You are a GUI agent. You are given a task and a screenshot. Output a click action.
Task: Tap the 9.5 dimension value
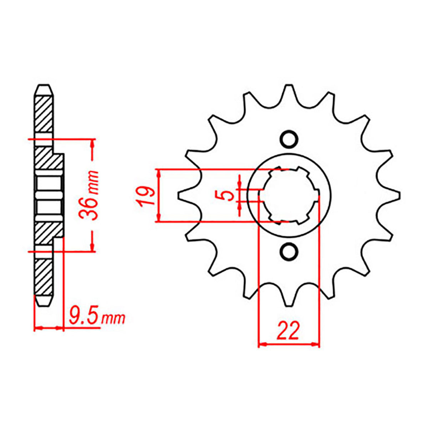(x=84, y=316)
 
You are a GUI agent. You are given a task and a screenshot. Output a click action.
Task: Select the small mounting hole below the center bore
(x=289, y=252)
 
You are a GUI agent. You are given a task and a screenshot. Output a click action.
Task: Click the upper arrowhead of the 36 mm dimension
(x=93, y=143)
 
